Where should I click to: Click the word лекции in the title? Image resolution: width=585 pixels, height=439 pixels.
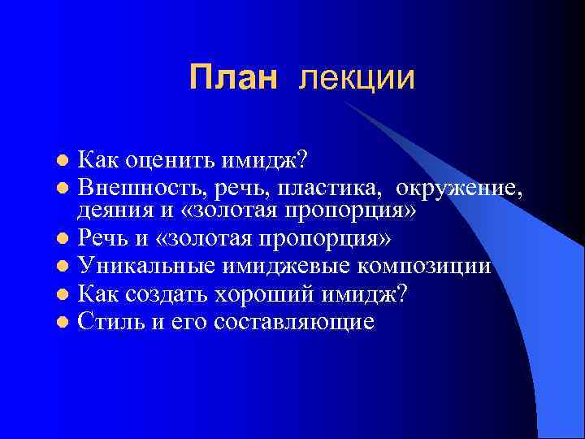(357, 78)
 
